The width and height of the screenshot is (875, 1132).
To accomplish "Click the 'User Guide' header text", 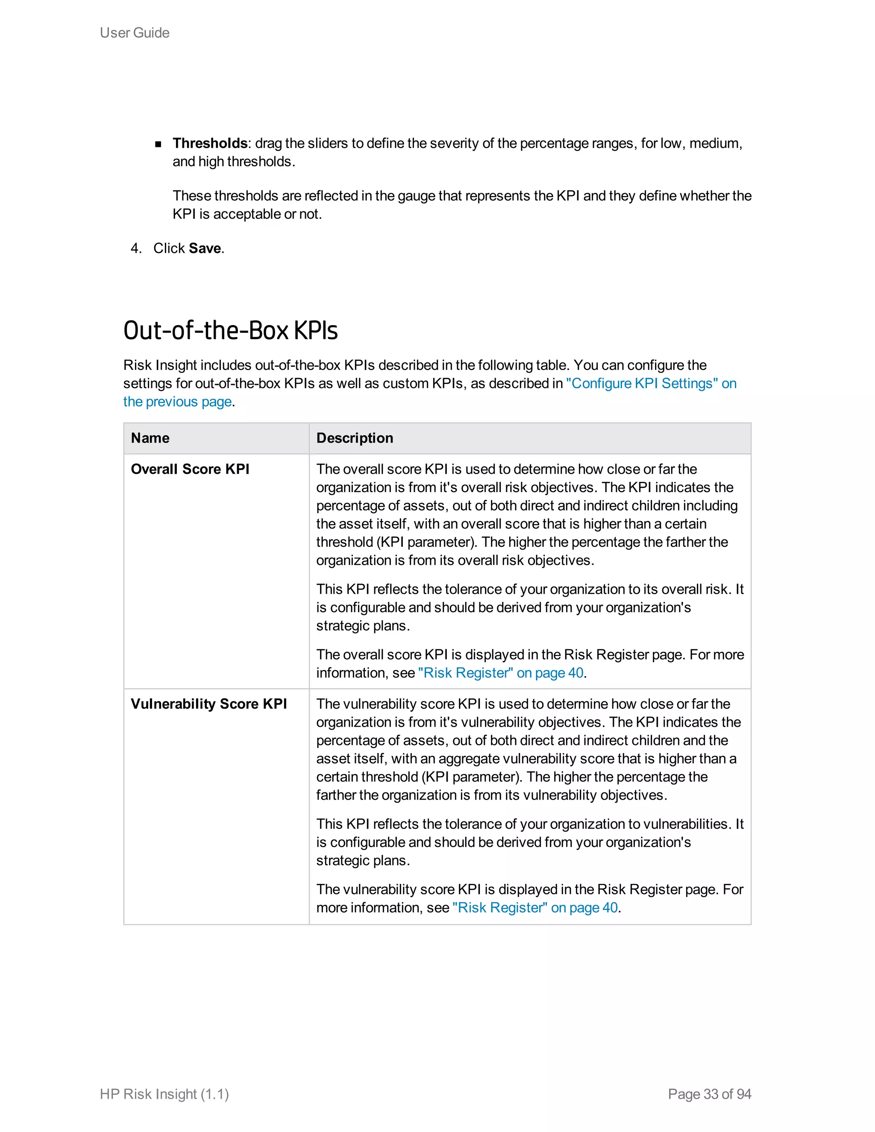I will point(134,32).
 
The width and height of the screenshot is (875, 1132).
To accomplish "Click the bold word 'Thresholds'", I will point(210,143).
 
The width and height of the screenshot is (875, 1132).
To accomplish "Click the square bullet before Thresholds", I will point(158,144).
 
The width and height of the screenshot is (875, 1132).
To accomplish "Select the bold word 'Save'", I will point(205,248).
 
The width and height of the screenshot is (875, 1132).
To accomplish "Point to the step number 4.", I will point(136,248).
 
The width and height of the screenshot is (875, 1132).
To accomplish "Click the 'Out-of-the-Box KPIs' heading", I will point(230,330).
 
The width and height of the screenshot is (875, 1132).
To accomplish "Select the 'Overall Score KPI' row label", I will point(190,469).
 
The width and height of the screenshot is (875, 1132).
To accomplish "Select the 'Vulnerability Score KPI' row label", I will point(208,704).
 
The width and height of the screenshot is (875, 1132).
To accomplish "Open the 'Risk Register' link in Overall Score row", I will point(501,673).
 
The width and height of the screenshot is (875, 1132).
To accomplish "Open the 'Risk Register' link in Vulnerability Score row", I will point(535,908).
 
